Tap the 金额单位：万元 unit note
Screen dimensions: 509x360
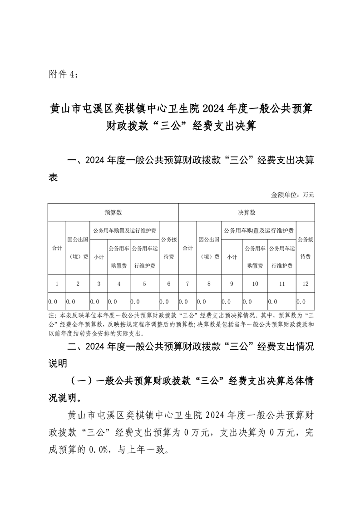[292, 195]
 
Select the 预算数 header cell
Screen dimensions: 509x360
[113, 212]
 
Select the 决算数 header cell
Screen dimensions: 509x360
[247, 212]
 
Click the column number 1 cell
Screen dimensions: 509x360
[57, 284]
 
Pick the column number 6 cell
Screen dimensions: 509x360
[169, 284]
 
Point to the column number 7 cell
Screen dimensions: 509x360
[187, 284]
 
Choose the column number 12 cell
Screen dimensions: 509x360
[305, 284]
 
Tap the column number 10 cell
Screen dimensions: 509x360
[255, 284]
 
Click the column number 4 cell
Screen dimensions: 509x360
[119, 284]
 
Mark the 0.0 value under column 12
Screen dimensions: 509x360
[301, 301]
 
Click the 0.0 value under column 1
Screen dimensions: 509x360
[53, 301]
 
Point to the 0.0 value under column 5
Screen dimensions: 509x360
[135, 301]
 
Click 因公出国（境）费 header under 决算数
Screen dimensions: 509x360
[209, 248]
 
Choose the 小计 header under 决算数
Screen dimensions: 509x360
[232, 257]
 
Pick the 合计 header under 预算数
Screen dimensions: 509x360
[57, 248]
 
